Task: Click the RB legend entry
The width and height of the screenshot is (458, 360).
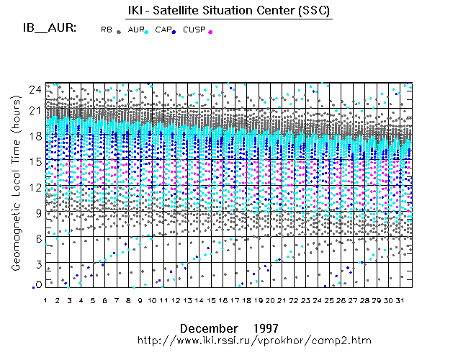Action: [x=106, y=30]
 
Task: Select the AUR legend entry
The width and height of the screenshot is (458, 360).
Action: [x=135, y=30]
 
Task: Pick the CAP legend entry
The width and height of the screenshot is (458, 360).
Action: [x=163, y=30]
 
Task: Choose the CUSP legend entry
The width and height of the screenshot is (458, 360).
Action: [x=194, y=30]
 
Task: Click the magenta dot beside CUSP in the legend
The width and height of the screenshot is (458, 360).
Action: [x=210, y=32]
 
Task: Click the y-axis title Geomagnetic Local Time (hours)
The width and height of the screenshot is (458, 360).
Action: [x=14, y=194]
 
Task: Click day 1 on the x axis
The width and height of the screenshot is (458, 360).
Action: [x=45, y=300]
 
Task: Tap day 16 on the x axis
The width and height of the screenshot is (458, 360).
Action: [x=223, y=300]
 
